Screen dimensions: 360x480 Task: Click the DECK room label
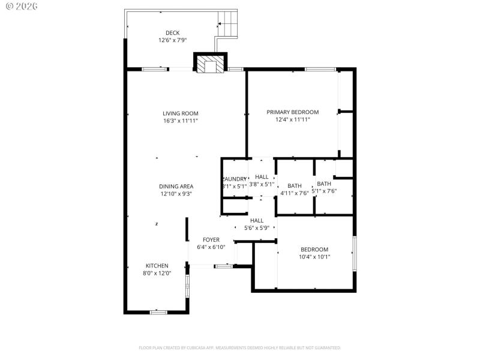click(172, 33)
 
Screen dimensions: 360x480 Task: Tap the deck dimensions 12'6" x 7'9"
click(172, 41)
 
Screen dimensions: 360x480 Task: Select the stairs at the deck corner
click(227, 23)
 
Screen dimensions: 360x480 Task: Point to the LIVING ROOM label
click(180, 113)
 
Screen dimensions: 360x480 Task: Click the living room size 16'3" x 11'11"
click(180, 121)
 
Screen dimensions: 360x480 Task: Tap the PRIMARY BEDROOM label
click(292, 112)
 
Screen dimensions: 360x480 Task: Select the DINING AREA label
click(176, 187)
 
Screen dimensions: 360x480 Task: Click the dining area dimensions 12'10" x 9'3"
click(176, 194)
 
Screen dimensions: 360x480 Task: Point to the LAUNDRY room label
click(235, 179)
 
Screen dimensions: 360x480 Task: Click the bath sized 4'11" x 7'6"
click(295, 190)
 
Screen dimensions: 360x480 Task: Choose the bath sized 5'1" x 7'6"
click(324, 187)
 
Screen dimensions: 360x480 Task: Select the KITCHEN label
click(157, 266)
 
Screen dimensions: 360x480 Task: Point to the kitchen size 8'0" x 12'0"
click(157, 274)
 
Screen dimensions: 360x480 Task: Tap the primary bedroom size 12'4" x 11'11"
click(292, 120)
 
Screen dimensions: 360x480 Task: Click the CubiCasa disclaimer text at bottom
click(240, 347)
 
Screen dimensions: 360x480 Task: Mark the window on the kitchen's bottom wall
click(158, 312)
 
